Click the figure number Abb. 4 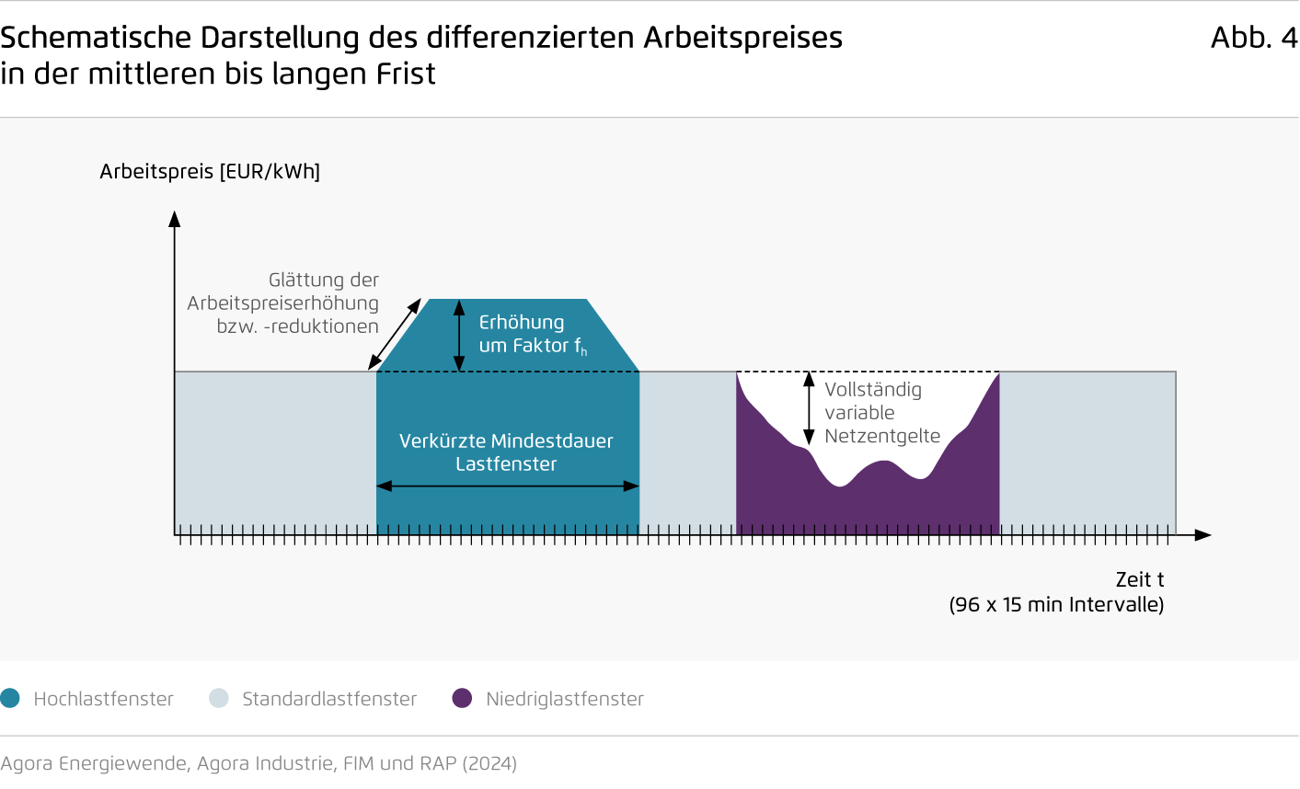1254,39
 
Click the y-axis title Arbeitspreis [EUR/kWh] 210,172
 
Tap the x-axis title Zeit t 1140,579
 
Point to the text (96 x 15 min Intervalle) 1056,604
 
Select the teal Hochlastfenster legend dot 10,698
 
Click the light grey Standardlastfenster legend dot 219,698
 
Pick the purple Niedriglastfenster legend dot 462,698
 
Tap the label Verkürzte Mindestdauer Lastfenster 506,452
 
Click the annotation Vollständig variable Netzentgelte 882,413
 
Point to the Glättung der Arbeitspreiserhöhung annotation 282,303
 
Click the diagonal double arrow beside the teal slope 395,334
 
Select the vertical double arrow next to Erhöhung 459,336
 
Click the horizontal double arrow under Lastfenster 508,486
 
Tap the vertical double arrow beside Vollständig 809,408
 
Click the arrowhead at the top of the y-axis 175,219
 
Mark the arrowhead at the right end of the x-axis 1203,535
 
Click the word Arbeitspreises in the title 742,39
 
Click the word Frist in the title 406,74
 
